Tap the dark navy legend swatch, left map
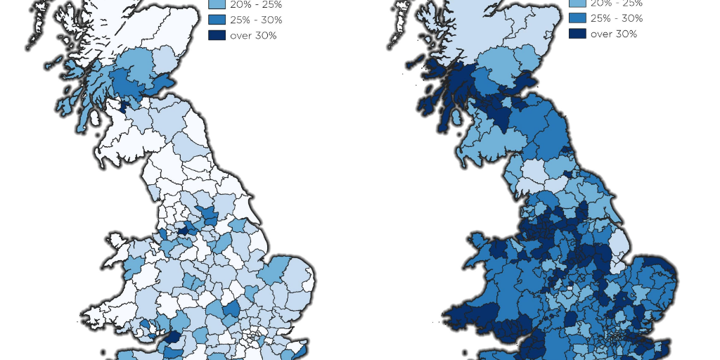click(217, 35)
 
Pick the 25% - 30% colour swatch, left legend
click(217, 20)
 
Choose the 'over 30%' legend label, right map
click(614, 34)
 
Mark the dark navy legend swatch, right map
click(577, 34)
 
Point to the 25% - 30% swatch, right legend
click(577, 18)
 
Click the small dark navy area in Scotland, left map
click(124, 107)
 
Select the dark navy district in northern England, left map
click(184, 230)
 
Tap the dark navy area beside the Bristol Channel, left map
click(171, 337)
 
